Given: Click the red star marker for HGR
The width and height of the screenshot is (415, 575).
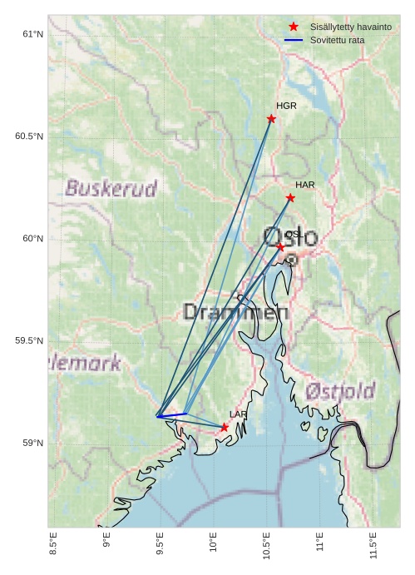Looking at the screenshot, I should [271, 119].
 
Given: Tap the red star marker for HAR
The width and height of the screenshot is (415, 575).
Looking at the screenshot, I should [290, 197].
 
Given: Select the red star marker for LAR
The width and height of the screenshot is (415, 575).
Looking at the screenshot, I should [225, 427].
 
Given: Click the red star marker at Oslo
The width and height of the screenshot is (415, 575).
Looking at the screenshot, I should [280, 247].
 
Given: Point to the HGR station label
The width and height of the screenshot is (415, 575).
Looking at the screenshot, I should [286, 107].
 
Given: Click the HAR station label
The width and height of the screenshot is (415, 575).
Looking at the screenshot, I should [304, 185].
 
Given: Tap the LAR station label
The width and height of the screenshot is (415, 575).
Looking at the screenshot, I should [239, 414].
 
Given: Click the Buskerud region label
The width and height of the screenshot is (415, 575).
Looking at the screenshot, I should [111, 189].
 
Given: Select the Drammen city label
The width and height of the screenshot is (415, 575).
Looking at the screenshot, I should [235, 313].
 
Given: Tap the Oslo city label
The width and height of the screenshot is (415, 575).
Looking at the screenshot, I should [289, 238].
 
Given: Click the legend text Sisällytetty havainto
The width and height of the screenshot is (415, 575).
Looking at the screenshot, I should [350, 27].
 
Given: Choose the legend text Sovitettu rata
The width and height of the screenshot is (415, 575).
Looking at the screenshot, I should [337, 40].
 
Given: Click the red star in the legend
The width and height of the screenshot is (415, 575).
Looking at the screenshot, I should [294, 27].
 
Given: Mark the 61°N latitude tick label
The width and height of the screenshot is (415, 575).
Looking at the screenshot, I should [32, 34].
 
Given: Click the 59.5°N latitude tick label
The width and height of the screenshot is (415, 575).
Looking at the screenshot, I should [29, 341].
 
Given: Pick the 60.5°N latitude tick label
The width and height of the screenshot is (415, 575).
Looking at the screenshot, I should [29, 136].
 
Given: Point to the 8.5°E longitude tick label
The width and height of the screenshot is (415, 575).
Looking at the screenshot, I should [53, 546].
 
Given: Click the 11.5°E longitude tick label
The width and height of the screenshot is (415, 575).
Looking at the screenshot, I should [373, 546].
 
